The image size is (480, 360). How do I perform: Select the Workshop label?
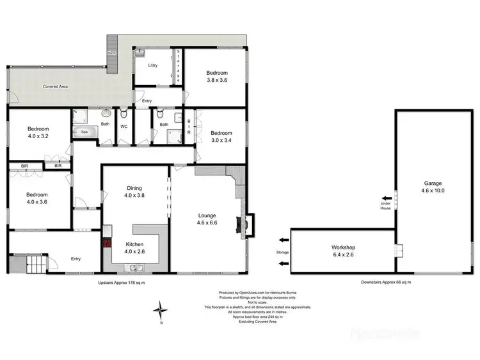[343, 247]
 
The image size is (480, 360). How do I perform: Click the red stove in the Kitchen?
[108, 242]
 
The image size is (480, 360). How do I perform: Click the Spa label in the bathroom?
[84, 132]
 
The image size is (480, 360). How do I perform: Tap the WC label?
[124, 127]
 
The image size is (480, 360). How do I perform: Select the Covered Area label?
[56, 86]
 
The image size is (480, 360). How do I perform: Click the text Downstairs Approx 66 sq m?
[385, 281]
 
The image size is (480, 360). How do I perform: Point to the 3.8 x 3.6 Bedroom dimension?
[217, 81]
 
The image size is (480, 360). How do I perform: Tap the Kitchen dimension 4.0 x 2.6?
[135, 251]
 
